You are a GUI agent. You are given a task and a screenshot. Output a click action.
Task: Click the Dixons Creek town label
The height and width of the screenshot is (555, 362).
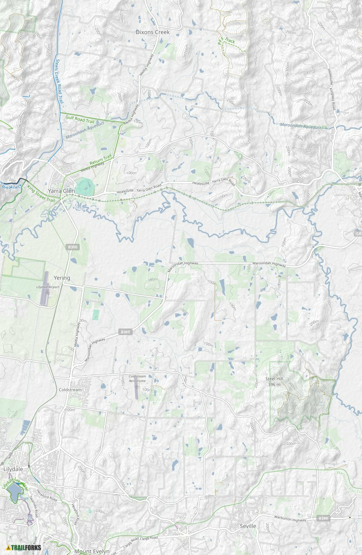152,32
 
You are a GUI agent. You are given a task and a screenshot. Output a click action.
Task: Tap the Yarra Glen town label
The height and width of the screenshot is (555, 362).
61,191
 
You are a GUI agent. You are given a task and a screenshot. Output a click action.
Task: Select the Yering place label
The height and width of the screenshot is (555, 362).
62,278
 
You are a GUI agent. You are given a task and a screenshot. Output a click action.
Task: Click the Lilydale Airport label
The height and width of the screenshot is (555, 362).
48,287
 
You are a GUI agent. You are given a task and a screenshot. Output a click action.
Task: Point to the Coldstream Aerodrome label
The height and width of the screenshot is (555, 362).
137,378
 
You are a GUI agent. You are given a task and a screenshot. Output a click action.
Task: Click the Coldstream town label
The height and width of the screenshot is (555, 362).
70,390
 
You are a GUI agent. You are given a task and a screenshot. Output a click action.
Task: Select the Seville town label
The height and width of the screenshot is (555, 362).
248,526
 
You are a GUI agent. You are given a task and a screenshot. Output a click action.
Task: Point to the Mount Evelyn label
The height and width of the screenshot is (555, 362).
92,551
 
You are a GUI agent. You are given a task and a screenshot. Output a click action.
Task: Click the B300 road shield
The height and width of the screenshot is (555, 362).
73,247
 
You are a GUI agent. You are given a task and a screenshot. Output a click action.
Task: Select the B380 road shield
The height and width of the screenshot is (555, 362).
323,518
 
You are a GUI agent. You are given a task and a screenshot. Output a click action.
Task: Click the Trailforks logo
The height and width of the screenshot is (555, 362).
24,547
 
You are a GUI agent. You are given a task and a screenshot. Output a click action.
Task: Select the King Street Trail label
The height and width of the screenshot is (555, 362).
41,194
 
